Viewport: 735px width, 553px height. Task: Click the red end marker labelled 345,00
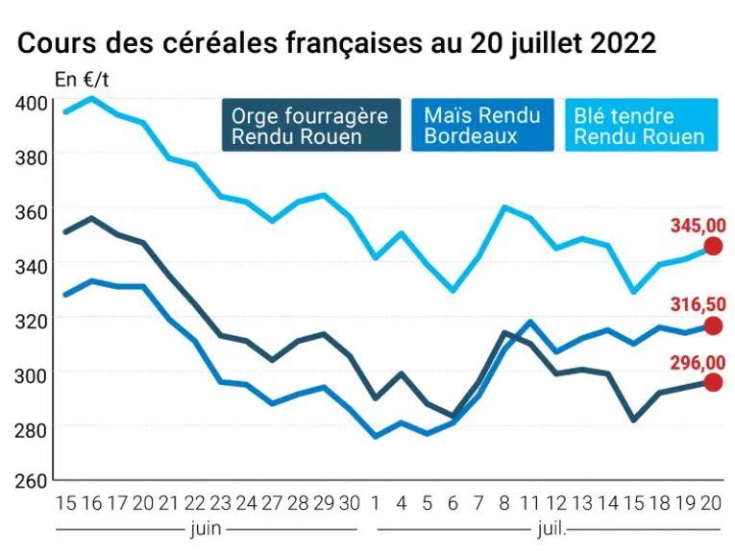pyautogui.click(x=713, y=246)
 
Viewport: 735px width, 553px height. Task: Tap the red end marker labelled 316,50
pyautogui.click(x=713, y=325)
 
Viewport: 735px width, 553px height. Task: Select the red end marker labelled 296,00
pyautogui.click(x=713, y=382)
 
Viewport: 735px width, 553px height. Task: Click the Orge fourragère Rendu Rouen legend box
pyautogui.click(x=311, y=125)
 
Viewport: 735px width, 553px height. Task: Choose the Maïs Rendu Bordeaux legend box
pyautogui.click(x=482, y=125)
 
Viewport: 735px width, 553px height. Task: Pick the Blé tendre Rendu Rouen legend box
pyautogui.click(x=641, y=125)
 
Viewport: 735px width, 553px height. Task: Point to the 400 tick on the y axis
pyautogui.click(x=32, y=103)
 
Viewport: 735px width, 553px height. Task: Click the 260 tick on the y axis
pyautogui.click(x=32, y=481)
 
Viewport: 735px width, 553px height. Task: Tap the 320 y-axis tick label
pyautogui.click(x=32, y=322)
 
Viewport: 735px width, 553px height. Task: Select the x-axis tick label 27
pyautogui.click(x=272, y=503)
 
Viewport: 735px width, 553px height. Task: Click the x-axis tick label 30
pyautogui.click(x=349, y=503)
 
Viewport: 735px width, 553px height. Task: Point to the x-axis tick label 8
pyautogui.click(x=503, y=503)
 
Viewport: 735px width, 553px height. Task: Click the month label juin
pyautogui.click(x=206, y=529)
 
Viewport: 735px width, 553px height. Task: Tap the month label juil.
pyautogui.click(x=551, y=529)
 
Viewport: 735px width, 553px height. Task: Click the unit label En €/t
pyautogui.click(x=82, y=80)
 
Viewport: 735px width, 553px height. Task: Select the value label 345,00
pyautogui.click(x=698, y=226)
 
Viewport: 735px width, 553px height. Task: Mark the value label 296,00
pyautogui.click(x=698, y=363)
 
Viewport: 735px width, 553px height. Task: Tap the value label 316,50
pyautogui.click(x=698, y=304)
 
